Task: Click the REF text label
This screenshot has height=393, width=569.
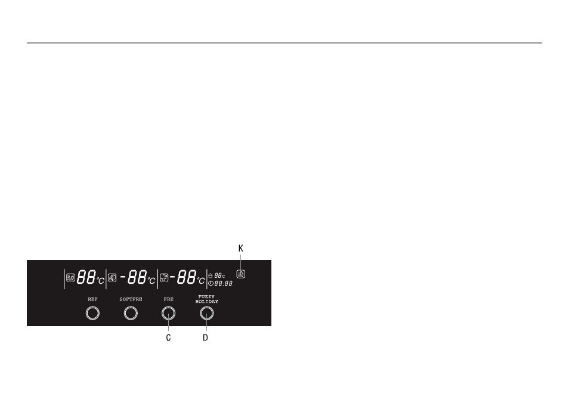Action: (x=92, y=299)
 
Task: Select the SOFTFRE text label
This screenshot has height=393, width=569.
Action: (x=131, y=299)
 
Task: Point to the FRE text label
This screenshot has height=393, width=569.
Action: (x=168, y=299)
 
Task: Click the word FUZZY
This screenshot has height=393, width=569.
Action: (x=206, y=297)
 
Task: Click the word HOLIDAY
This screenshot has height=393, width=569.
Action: (x=207, y=302)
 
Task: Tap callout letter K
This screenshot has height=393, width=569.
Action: (x=240, y=249)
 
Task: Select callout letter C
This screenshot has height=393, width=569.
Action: (x=168, y=338)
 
